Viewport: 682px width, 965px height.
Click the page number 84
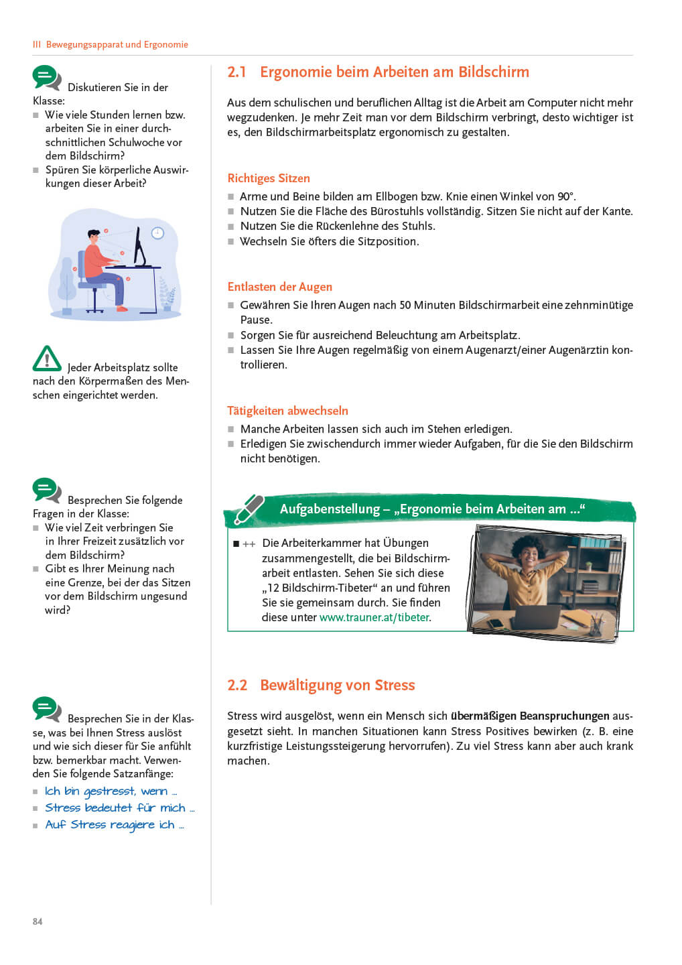(x=38, y=921)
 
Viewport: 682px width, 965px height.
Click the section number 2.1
(x=236, y=72)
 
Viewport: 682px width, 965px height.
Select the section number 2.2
(x=237, y=686)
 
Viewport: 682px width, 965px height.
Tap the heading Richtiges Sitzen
(x=269, y=178)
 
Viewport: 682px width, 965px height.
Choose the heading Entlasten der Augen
(x=279, y=287)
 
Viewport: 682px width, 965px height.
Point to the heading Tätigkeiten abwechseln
(x=287, y=411)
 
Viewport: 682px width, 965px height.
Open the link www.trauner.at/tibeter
(x=374, y=618)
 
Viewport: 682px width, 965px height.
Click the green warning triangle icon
(x=47, y=359)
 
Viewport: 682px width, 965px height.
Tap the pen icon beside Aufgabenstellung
(x=249, y=509)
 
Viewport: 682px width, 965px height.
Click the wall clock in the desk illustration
(x=158, y=233)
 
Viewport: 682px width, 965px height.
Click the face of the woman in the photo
(x=529, y=558)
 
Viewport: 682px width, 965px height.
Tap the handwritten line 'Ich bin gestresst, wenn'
(x=111, y=791)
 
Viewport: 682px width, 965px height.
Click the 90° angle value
(x=565, y=196)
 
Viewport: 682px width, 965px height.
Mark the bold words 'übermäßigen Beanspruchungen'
(x=530, y=716)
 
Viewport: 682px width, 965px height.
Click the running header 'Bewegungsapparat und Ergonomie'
(x=117, y=45)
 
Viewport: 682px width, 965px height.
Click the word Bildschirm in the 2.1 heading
(x=494, y=72)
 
